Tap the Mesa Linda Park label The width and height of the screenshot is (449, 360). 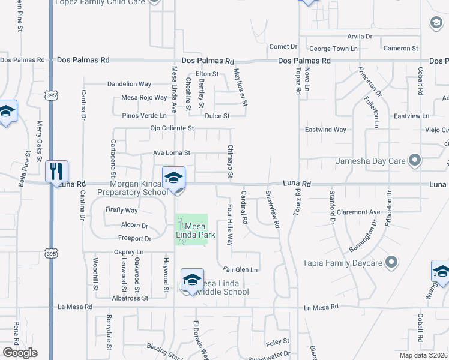click(199, 230)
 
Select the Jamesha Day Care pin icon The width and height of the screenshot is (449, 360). click(414, 160)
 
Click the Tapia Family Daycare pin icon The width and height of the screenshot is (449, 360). click(391, 263)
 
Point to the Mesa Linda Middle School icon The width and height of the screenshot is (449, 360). click(192, 280)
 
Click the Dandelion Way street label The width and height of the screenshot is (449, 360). click(129, 84)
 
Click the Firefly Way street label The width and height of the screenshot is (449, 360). click(121, 211)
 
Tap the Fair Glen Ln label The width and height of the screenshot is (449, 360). click(240, 270)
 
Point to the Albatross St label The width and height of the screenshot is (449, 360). click(130, 298)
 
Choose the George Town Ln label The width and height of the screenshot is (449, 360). click(332, 49)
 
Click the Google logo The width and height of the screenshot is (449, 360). click(20, 353)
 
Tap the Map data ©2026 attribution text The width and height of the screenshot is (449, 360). click(423, 355)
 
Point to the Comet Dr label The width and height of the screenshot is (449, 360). click(283, 47)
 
